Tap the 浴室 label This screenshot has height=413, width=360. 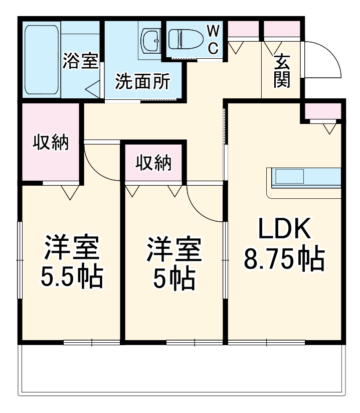coord(80,61)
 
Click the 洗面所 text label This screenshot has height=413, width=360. coord(142,81)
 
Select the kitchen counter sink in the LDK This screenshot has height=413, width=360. coord(289,177)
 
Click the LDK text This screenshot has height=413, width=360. coord(284,230)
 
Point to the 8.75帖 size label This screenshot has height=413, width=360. coord(283,259)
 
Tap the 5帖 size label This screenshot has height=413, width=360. coord(173,279)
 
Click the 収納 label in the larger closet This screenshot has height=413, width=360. coord(50,143)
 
